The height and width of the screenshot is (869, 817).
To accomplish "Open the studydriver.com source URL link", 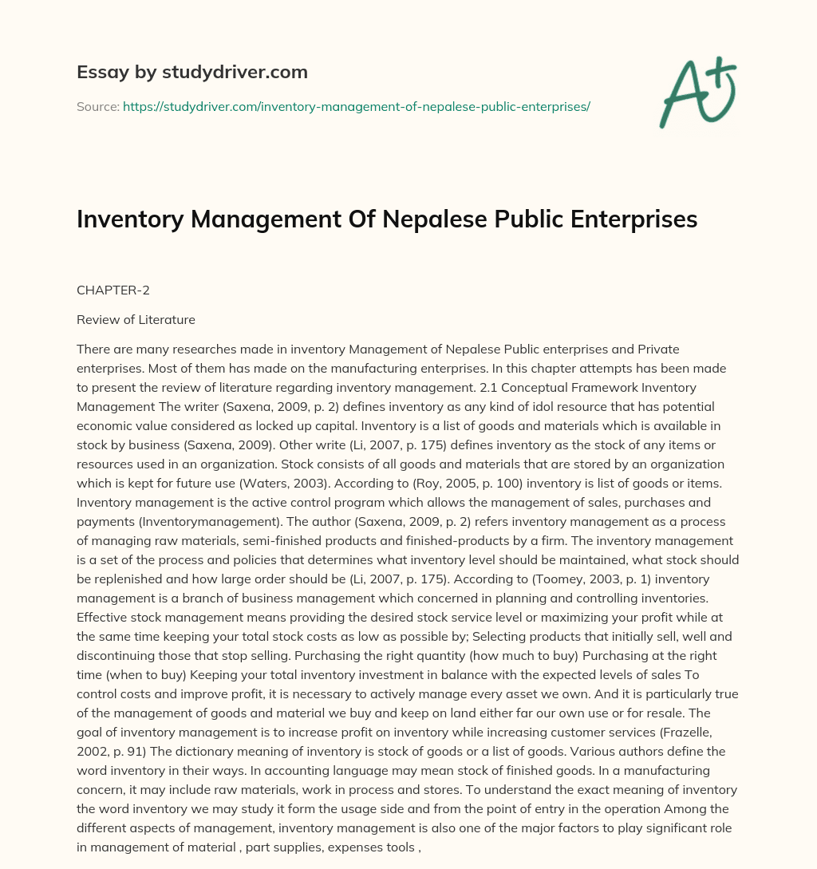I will coord(356,106).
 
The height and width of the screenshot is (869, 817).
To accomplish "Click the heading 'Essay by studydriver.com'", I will coord(192,72).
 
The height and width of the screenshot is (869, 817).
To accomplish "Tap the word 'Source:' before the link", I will coord(98,106).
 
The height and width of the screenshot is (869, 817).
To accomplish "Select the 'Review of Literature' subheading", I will coord(136,320).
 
